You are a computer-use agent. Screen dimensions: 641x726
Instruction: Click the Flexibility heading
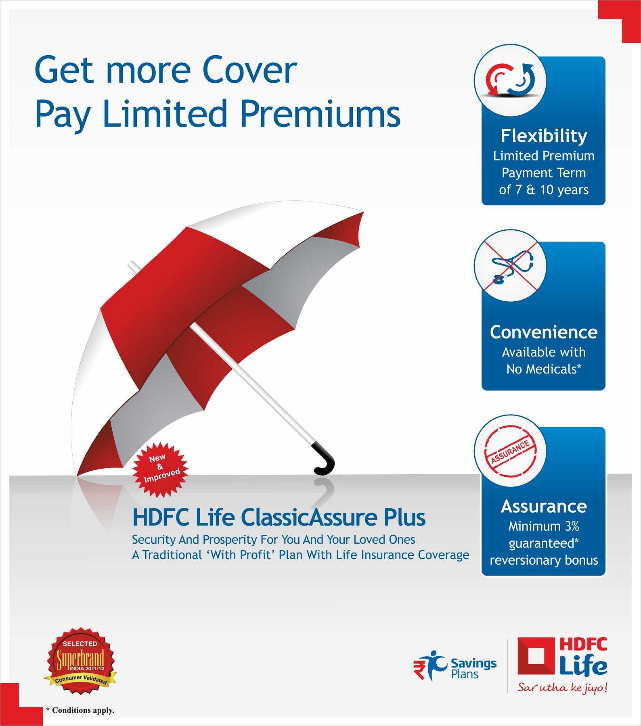544,136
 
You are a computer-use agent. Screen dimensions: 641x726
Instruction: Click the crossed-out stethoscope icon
510,266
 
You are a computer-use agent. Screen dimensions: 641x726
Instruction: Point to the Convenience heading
544,332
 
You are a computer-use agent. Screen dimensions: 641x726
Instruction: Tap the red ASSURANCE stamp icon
510,451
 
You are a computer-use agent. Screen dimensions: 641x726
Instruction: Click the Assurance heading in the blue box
544,506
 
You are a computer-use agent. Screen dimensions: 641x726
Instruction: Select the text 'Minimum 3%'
544,526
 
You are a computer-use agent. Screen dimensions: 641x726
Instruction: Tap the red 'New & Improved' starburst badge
161,469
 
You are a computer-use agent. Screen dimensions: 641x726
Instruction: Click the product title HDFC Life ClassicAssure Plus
279,517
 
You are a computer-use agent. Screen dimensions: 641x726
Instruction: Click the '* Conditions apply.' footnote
80,710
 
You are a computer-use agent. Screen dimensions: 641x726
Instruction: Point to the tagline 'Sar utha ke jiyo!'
562,687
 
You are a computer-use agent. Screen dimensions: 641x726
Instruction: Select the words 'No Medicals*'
544,369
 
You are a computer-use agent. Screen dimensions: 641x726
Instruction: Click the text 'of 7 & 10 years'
544,190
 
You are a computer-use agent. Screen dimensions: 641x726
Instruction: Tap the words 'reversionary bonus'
544,560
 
